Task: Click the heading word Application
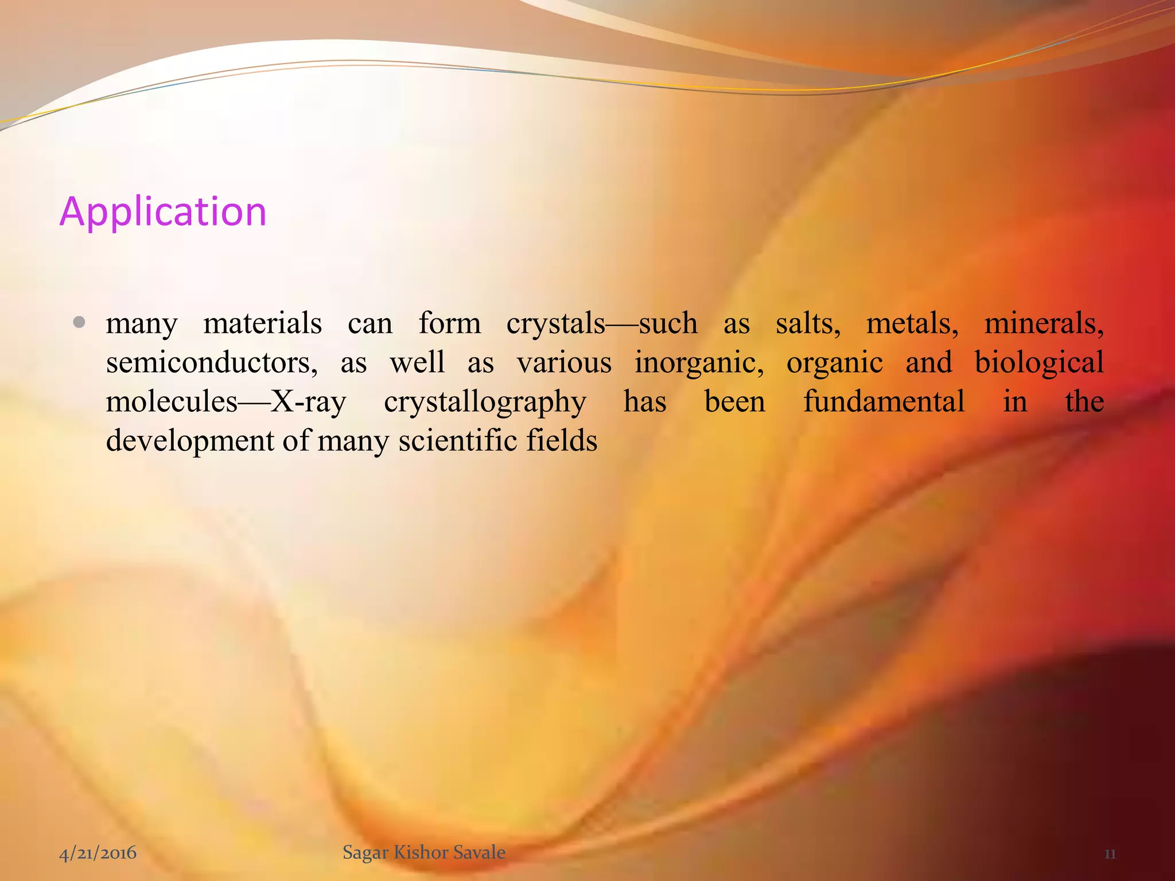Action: point(163,212)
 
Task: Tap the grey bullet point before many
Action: point(80,323)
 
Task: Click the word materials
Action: point(262,323)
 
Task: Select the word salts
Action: point(808,323)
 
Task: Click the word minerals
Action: point(1044,323)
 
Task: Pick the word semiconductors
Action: point(212,363)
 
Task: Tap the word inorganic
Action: point(699,363)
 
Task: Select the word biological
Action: point(1039,363)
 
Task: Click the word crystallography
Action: point(485,402)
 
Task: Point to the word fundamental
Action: point(884,401)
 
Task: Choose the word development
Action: point(190,441)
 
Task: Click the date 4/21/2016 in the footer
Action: point(98,853)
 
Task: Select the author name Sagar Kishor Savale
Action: point(424,852)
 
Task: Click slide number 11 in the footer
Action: point(1110,854)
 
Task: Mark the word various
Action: point(564,363)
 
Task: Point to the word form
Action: point(449,323)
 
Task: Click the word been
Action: point(734,401)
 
